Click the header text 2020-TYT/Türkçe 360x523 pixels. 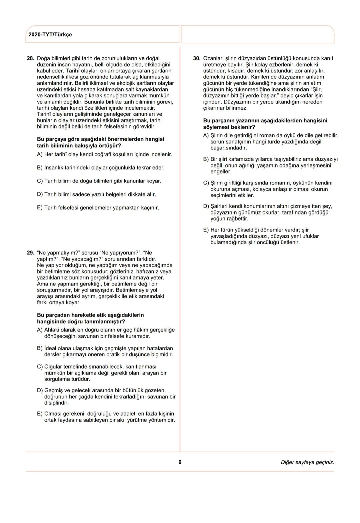[x=50, y=35]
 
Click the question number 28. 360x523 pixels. [x=30, y=58]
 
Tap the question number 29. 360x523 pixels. [x=30, y=253]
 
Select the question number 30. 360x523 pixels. [x=197, y=58]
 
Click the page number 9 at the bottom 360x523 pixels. [x=180, y=462]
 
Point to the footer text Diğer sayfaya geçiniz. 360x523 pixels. [x=307, y=462]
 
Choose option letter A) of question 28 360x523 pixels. [x=40, y=154]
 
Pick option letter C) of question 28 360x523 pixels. [x=40, y=181]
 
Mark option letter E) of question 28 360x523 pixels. [x=40, y=208]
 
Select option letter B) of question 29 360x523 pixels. [x=40, y=348]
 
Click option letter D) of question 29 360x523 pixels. [x=40, y=390]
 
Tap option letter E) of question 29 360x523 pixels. [x=40, y=414]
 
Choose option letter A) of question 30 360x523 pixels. [x=206, y=135]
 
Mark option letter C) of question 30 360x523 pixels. [x=206, y=183]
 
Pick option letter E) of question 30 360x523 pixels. [x=206, y=230]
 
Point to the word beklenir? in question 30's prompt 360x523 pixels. [x=243, y=127]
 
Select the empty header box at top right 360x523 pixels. [x=257, y=34]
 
